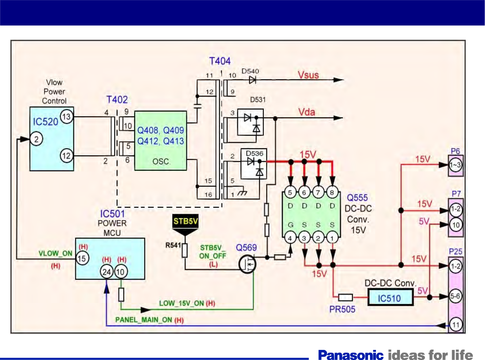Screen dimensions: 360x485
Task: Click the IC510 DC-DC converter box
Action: pos(390,298)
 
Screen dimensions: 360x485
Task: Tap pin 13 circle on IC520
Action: pos(66,117)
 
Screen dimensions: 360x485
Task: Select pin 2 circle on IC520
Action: pos(36,139)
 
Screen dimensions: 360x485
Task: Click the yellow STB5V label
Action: pos(185,221)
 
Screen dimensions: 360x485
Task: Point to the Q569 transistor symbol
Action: pos(247,264)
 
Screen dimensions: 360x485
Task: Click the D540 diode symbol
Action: pos(252,80)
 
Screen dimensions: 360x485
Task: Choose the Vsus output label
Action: pos(308,75)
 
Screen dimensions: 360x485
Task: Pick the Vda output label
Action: pos(307,112)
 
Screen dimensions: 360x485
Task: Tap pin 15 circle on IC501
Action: pos(82,258)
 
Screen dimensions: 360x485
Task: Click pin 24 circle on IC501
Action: pos(107,272)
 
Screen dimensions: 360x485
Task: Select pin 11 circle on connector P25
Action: pos(455,325)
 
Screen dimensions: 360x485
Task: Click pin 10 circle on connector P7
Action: pos(456,225)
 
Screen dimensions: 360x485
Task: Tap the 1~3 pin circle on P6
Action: pos(455,165)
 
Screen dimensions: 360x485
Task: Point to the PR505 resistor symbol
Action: pos(345,297)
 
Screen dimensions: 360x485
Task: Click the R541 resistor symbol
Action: pos(185,251)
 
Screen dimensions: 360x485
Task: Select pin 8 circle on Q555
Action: pos(332,192)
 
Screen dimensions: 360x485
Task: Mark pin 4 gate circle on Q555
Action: pos(290,238)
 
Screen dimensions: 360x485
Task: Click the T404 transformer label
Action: pos(220,61)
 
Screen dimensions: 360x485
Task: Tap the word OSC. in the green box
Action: pos(161,161)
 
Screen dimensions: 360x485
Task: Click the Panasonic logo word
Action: pos(351,355)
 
